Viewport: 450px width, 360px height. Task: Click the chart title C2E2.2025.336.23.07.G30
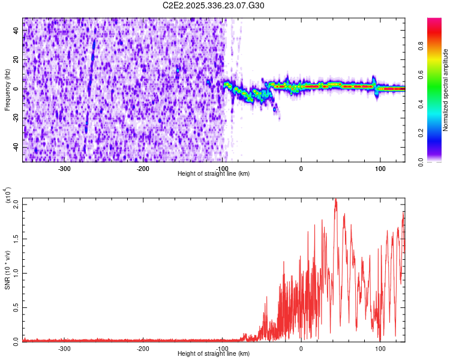click(x=214, y=5)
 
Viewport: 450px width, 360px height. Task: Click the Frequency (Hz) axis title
click(x=7, y=90)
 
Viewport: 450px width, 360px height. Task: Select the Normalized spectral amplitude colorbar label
click(x=446, y=91)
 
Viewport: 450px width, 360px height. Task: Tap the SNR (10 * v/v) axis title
click(x=7, y=270)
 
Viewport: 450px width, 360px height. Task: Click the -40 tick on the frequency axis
click(x=16, y=147)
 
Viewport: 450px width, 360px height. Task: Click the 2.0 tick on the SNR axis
click(x=16, y=205)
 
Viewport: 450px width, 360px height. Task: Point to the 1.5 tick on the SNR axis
click(x=16, y=238)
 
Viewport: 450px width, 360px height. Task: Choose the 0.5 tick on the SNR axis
click(x=16, y=307)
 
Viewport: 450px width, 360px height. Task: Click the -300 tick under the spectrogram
click(x=64, y=169)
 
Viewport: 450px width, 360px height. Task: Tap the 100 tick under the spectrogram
click(x=380, y=169)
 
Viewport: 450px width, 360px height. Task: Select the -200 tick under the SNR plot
click(x=143, y=349)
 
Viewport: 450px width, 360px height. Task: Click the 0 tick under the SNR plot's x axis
click(x=301, y=349)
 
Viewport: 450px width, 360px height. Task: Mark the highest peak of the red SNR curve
click(x=335, y=199)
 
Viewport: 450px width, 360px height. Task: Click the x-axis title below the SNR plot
click(x=214, y=354)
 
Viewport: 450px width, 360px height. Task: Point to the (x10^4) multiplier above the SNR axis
click(x=8, y=196)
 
